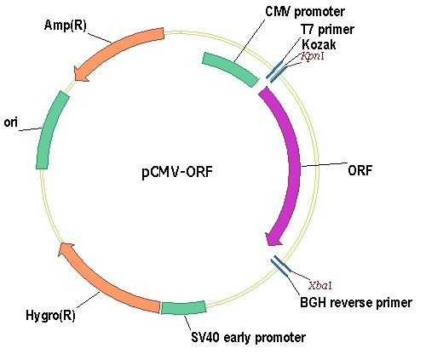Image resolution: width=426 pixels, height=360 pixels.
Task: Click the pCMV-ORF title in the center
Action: pyautogui.click(x=177, y=172)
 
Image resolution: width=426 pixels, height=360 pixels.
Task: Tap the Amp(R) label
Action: pyautogui.click(x=65, y=26)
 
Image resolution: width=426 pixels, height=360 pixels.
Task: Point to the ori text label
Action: pyautogui.click(x=10, y=123)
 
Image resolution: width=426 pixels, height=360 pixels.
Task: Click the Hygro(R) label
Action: pyautogui.click(x=50, y=315)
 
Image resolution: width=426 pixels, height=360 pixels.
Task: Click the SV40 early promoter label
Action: pyautogui.click(x=248, y=338)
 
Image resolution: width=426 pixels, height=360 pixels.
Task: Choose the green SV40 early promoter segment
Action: pyautogui.click(x=183, y=307)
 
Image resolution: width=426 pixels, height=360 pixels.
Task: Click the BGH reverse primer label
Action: pyautogui.click(x=356, y=303)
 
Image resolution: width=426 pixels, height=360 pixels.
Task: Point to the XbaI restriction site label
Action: pyautogui.click(x=320, y=285)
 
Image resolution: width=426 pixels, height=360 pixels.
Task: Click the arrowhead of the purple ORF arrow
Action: pyautogui.click(x=273, y=240)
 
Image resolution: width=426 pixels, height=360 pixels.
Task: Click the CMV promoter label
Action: pyautogui.click(x=305, y=12)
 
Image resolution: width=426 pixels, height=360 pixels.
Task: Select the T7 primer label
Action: pyautogui.click(x=327, y=30)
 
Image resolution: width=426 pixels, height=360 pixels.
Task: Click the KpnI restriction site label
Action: pyautogui.click(x=313, y=56)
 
